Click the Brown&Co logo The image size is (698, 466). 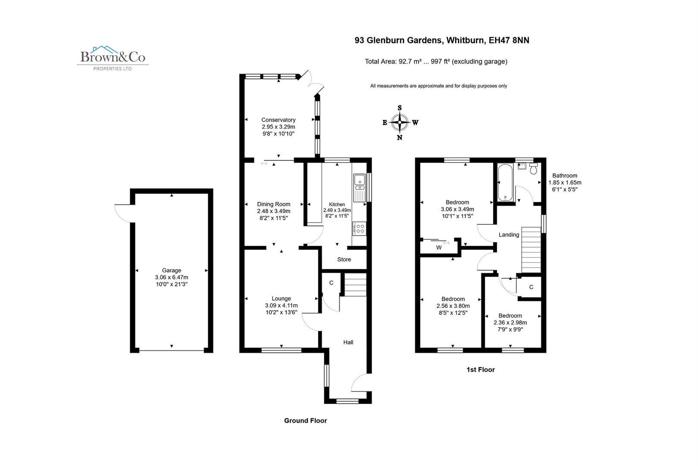coord(113,57)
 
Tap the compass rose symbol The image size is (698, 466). coord(400,123)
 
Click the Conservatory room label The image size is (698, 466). coord(278,120)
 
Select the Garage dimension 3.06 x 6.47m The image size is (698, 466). coord(171,277)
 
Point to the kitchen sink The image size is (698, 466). coord(359,188)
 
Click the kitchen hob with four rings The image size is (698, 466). coord(359,228)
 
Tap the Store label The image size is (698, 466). coord(344,259)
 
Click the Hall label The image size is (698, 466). coord(348,342)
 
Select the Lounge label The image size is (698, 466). coord(281,298)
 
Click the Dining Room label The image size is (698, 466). coord(273,204)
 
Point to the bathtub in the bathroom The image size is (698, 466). coord(505,183)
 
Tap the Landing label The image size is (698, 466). coord(509,235)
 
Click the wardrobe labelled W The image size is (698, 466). coord(438,247)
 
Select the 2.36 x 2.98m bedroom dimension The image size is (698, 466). coord(510,322)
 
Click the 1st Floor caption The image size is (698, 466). coord(480,369)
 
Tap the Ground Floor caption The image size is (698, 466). coord(305,420)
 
